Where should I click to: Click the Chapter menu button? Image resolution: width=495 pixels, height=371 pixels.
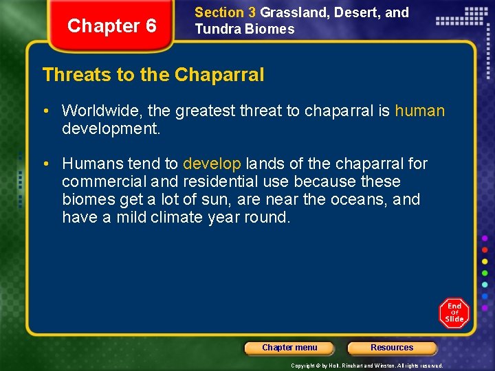click(289, 348)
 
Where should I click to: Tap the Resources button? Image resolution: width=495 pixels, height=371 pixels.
click(392, 348)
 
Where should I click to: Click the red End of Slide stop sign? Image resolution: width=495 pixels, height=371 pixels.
click(454, 313)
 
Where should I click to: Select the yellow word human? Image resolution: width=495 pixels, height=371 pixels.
click(419, 111)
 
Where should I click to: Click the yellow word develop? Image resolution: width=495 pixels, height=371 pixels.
click(212, 164)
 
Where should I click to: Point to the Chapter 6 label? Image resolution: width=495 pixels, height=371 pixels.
click(112, 26)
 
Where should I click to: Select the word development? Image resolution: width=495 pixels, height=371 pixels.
click(111, 128)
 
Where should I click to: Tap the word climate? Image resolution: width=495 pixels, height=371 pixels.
click(175, 218)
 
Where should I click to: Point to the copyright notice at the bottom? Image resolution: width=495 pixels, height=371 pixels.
click(367, 366)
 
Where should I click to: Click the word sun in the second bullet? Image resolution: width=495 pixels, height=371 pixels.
click(219, 200)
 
